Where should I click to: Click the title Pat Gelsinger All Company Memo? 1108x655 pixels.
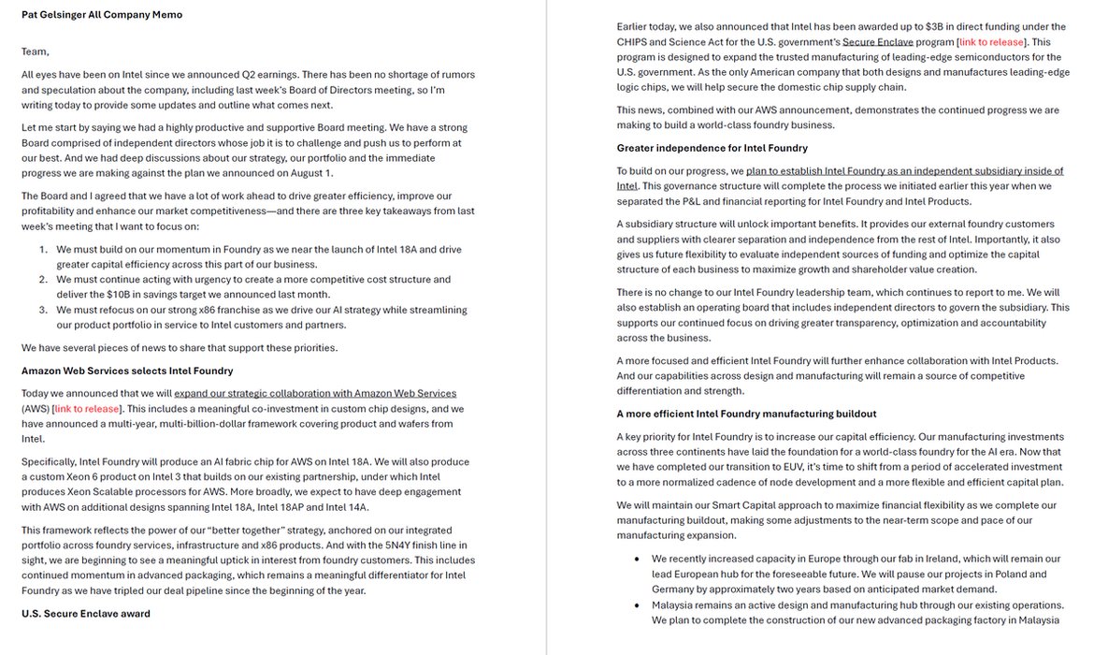point(102,15)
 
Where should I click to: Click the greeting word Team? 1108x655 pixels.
point(36,51)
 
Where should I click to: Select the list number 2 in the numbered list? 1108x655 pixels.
point(43,279)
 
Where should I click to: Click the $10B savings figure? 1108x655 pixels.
point(116,295)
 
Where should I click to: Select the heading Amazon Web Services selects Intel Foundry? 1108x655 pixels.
point(127,371)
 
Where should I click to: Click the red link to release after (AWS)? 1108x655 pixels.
point(87,409)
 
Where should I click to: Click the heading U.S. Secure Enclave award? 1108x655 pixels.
point(85,614)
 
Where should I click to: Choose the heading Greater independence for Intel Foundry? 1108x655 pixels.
point(712,148)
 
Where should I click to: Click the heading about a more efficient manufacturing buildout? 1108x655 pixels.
point(746,414)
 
